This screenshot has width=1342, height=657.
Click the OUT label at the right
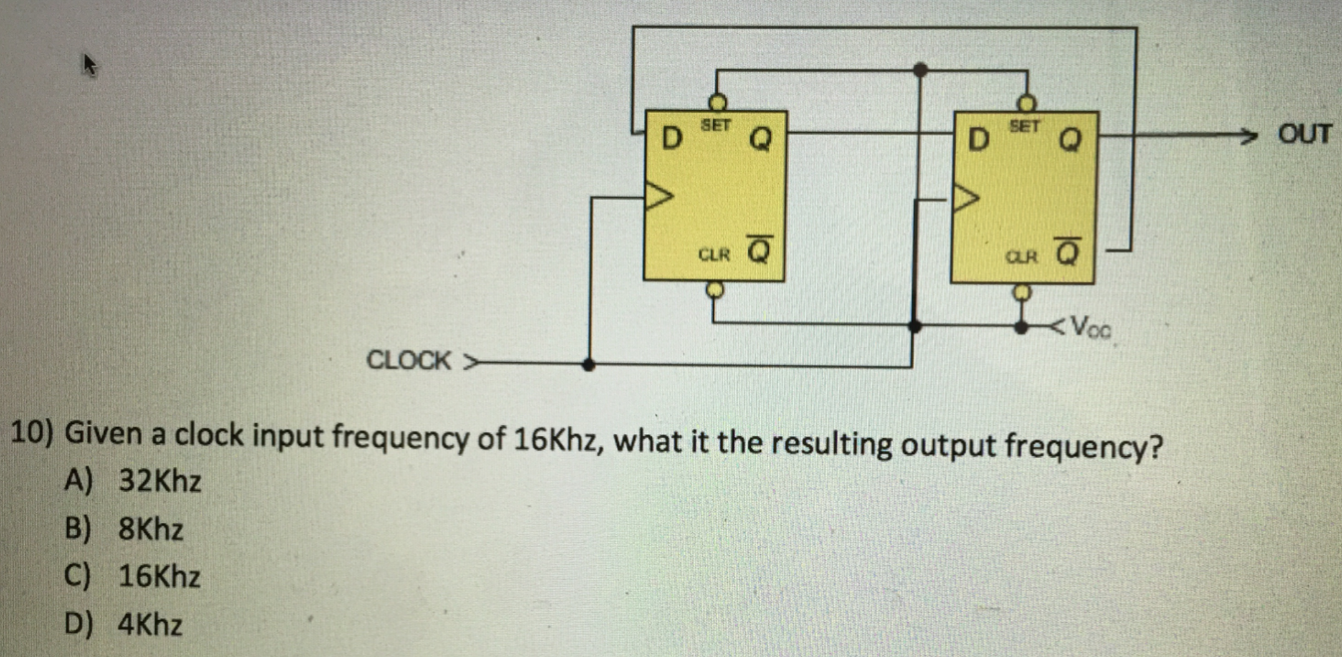(1304, 133)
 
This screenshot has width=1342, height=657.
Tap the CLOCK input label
(409, 360)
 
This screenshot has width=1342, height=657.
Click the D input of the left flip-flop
(671, 138)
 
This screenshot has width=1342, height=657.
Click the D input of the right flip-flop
(979, 139)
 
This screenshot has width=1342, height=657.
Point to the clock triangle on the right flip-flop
(966, 199)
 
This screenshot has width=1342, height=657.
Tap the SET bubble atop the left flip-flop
(718, 102)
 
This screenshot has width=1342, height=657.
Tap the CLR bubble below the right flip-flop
(1022, 292)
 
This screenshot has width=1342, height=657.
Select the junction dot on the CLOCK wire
(589, 364)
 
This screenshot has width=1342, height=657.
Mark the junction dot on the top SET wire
(920, 69)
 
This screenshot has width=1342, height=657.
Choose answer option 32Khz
(159, 481)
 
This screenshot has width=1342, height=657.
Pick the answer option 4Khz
(150, 624)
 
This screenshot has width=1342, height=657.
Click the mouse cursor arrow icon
(90, 64)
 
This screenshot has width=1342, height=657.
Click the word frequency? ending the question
(1083, 446)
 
